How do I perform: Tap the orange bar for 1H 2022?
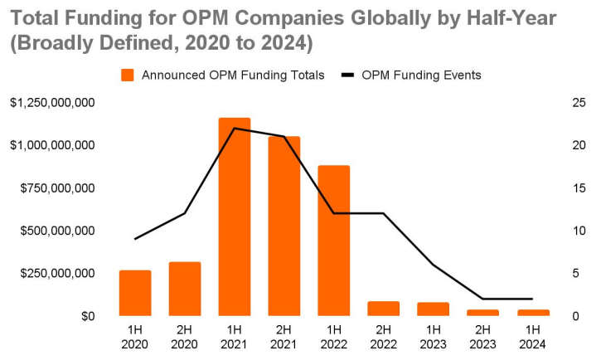(333, 241)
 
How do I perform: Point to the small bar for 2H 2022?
(383, 308)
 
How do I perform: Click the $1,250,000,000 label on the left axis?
(52, 103)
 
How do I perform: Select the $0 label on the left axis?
(86, 316)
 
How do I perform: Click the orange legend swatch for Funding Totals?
(128, 75)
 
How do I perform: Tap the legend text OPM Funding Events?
(421, 75)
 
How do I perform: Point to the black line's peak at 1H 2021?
(235, 129)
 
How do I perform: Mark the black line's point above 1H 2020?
(135, 239)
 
